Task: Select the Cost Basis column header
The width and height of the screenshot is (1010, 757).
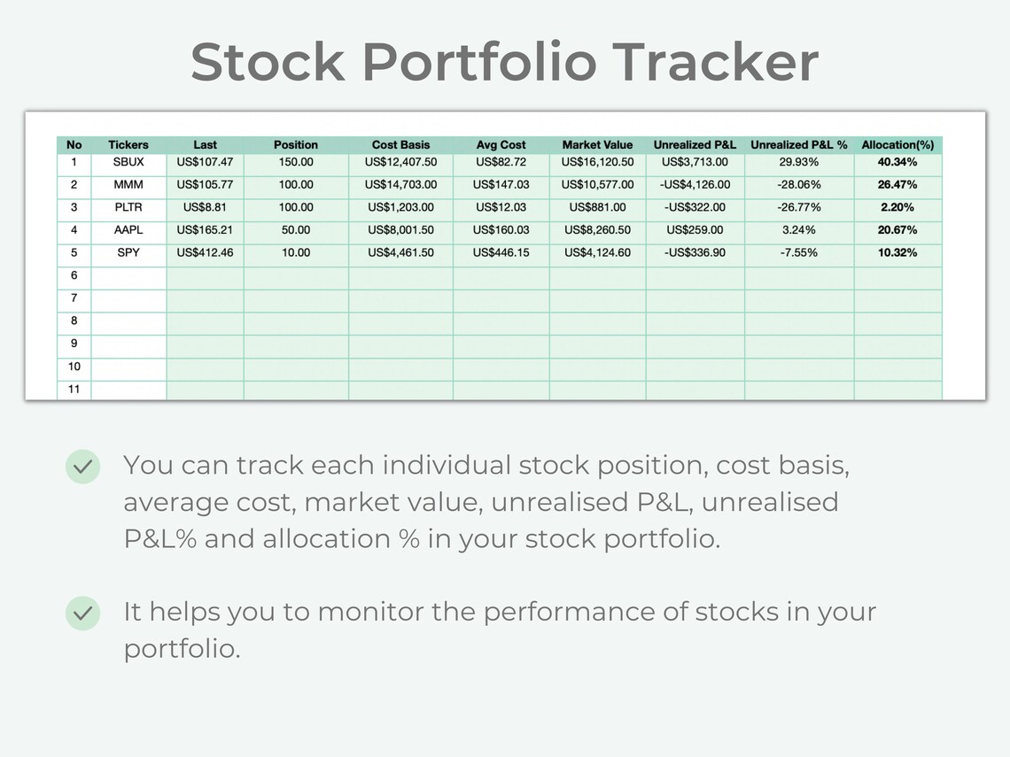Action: (x=400, y=144)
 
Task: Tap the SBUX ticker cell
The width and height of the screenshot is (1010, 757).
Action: (x=128, y=162)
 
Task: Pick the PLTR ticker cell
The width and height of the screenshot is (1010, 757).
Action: (x=128, y=207)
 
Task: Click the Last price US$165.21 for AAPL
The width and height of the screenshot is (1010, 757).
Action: (x=205, y=230)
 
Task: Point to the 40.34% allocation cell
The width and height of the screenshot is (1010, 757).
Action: (x=897, y=162)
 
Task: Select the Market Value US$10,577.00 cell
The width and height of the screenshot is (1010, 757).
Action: (x=597, y=185)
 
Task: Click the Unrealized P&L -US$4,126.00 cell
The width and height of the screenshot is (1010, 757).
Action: (x=695, y=185)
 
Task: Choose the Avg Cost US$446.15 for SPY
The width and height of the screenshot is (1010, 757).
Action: (x=501, y=252)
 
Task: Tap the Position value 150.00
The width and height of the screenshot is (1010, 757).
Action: (x=296, y=162)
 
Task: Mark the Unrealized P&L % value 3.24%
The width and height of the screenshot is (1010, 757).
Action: (x=799, y=230)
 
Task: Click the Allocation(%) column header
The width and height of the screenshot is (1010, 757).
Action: (x=897, y=144)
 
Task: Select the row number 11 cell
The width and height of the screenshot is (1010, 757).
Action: (x=74, y=389)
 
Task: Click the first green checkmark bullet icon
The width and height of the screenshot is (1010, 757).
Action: (x=83, y=466)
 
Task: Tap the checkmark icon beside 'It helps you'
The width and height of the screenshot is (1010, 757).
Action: (x=83, y=612)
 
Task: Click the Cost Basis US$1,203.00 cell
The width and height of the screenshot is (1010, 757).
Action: (x=400, y=207)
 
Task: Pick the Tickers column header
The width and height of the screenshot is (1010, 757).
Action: (x=128, y=144)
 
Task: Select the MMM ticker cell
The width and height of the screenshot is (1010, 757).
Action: (x=128, y=185)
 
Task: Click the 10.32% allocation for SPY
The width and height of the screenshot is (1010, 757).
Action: (x=897, y=252)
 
